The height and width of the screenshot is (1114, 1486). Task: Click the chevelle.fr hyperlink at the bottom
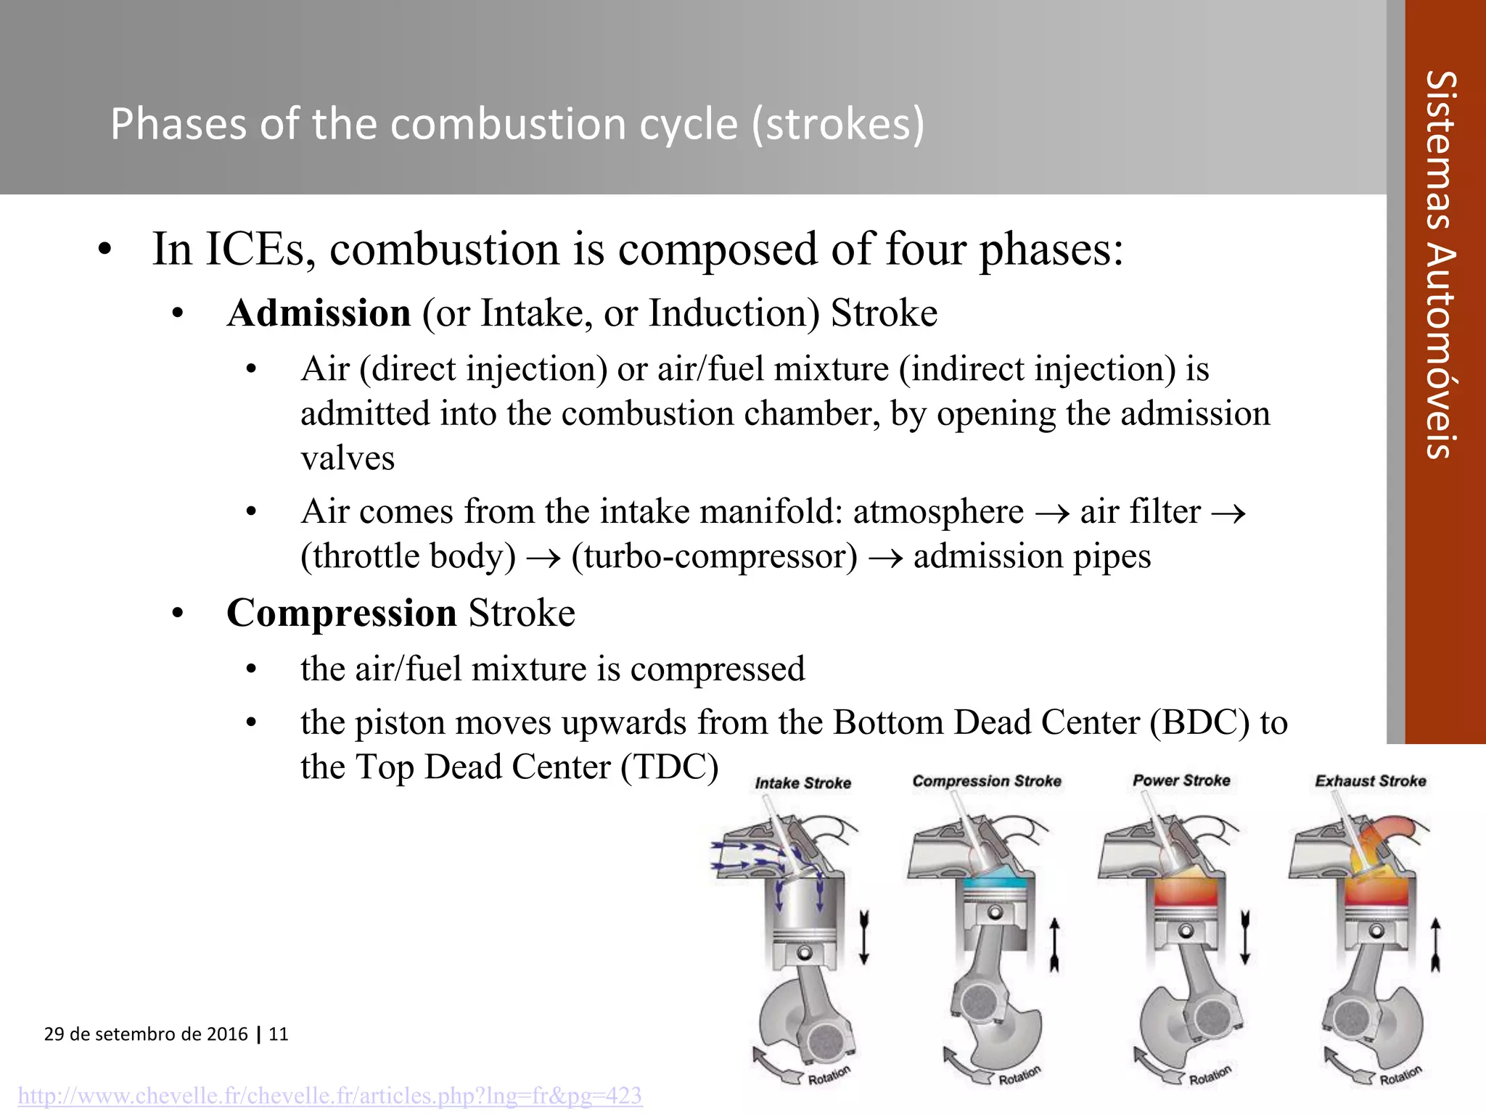[x=330, y=1095]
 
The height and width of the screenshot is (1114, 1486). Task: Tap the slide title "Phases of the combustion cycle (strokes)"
[x=517, y=123]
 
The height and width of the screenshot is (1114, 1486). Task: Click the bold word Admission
[x=319, y=313]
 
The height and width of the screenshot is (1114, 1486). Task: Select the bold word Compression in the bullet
[x=342, y=613]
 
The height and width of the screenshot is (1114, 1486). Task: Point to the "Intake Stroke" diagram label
[x=802, y=783]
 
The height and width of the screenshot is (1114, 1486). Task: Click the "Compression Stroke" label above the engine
[x=987, y=781]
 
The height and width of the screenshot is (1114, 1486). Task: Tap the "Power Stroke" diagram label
[x=1181, y=780]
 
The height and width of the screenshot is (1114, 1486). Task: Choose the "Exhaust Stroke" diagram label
[x=1371, y=781]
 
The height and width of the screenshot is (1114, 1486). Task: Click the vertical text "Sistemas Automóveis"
[x=1441, y=265]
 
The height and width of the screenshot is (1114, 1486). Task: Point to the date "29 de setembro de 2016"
[x=146, y=1034]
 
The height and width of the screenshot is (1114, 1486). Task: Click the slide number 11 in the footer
[x=279, y=1034]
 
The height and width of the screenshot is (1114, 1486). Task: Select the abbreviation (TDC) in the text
[x=670, y=767]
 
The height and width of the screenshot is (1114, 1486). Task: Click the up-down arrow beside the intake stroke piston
[x=863, y=937]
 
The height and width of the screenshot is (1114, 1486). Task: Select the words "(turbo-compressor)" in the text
[x=715, y=557]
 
